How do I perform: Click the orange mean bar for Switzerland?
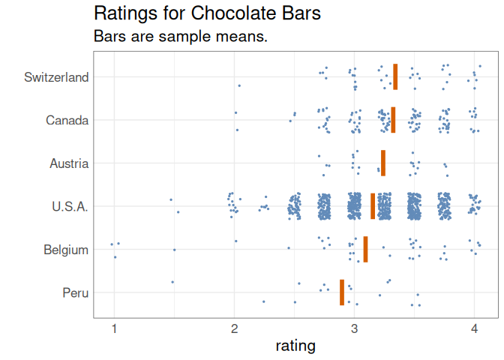pyautogui.click(x=395, y=76)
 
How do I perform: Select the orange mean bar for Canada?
pyautogui.click(x=393, y=120)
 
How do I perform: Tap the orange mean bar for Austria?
pyautogui.click(x=383, y=163)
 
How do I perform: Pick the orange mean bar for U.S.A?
pyautogui.click(x=373, y=206)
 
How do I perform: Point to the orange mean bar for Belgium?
pyautogui.click(x=365, y=249)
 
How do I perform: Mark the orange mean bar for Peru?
pyautogui.click(x=342, y=292)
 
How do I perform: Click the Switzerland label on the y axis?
pyautogui.click(x=56, y=77)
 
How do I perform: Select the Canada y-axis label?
pyautogui.click(x=67, y=120)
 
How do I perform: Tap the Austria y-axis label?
pyautogui.click(x=69, y=163)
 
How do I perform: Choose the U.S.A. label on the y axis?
pyautogui.click(x=70, y=206)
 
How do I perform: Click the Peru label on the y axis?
pyautogui.click(x=76, y=292)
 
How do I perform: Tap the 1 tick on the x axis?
pyautogui.click(x=114, y=328)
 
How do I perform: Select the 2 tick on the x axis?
pyautogui.click(x=235, y=328)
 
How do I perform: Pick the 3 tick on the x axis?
pyautogui.click(x=355, y=328)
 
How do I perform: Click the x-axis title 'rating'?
pyautogui.click(x=295, y=346)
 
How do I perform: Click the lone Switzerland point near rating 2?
pyautogui.click(x=239, y=85)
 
